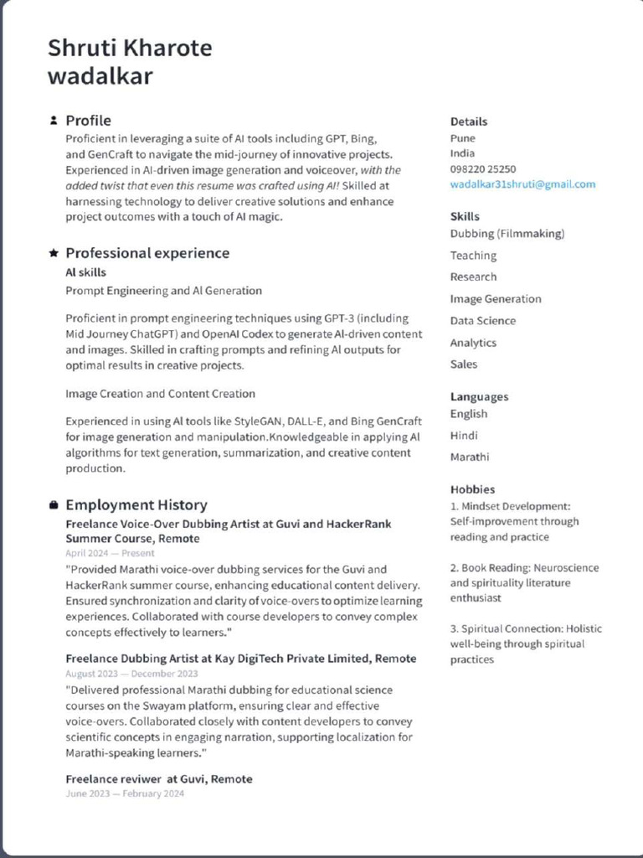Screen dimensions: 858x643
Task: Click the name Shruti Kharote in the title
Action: (130, 48)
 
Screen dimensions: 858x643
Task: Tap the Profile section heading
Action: (88, 121)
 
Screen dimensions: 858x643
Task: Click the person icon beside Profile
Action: (54, 121)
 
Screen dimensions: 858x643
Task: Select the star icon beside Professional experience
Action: (54, 253)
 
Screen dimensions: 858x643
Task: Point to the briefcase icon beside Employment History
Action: (54, 505)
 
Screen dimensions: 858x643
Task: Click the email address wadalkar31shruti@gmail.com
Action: (522, 184)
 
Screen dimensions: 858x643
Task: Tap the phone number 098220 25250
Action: (483, 169)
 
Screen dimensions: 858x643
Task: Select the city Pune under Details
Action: (462, 138)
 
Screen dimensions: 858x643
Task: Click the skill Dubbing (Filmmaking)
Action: (507, 234)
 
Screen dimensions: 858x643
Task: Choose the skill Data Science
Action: (483, 321)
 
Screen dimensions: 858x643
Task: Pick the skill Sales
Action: (464, 364)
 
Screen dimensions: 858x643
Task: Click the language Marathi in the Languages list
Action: (470, 457)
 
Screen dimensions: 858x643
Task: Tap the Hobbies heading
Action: (472, 489)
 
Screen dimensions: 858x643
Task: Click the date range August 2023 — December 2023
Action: (131, 674)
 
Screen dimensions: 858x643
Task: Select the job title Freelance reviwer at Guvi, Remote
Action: (159, 779)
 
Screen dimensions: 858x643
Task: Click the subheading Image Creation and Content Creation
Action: (161, 394)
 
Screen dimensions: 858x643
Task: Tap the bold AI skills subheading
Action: (85, 273)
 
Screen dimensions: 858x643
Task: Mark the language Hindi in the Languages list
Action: (464, 436)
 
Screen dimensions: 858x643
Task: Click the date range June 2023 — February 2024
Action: (125, 793)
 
